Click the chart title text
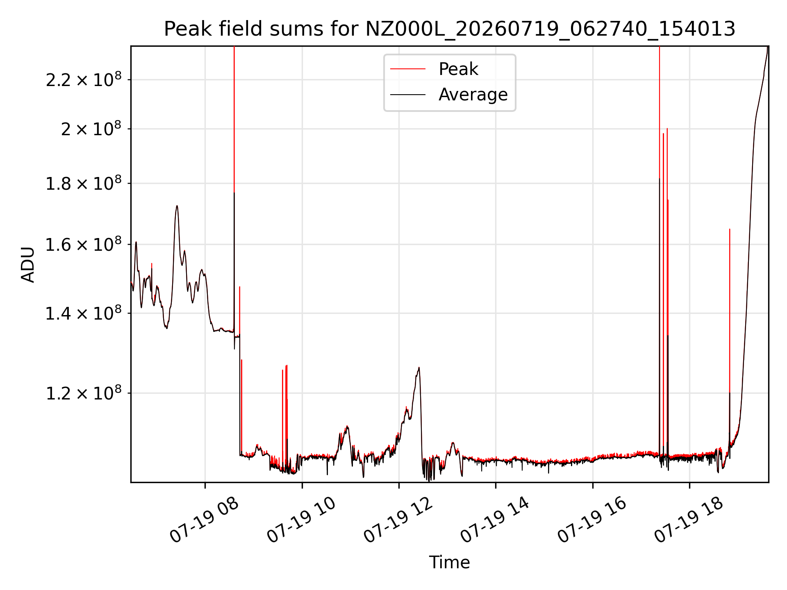pyautogui.click(x=450, y=29)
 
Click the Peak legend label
pyautogui.click(x=458, y=69)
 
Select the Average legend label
pyautogui.click(x=473, y=95)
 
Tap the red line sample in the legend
pyautogui.click(x=408, y=69)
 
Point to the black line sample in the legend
pyautogui.click(x=408, y=95)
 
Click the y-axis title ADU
pyautogui.click(x=28, y=264)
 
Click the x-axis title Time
pyautogui.click(x=449, y=562)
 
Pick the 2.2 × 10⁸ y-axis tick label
pyautogui.click(x=84, y=79)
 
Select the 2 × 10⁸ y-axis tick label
pyautogui.click(x=91, y=129)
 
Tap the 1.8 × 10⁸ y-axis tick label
pyautogui.click(x=84, y=183)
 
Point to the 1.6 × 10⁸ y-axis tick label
pyautogui.click(x=84, y=244)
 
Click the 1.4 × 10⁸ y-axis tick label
pyautogui.click(x=84, y=313)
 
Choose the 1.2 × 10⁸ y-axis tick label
pyautogui.click(x=84, y=393)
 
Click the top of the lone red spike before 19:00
pyautogui.click(x=730, y=229)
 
